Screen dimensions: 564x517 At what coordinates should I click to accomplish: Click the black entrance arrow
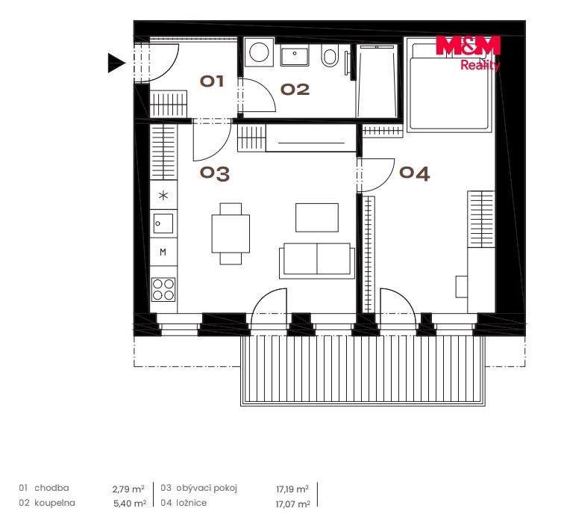tap(116, 63)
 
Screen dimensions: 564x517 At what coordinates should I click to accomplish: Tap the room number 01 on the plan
tap(212, 81)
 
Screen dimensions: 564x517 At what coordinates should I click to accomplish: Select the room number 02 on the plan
tap(295, 90)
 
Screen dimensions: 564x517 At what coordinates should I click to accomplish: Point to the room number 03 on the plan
tap(215, 173)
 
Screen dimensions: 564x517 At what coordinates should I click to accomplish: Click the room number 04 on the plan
tap(414, 173)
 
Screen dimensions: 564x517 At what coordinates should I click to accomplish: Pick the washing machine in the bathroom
tap(259, 52)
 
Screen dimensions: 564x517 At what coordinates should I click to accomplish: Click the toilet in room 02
tap(330, 55)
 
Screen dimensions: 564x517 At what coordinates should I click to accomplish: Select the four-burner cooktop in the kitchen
tap(163, 289)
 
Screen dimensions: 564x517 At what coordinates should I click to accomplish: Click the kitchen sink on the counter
tap(163, 223)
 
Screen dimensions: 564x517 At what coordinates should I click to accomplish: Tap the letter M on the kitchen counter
tap(163, 253)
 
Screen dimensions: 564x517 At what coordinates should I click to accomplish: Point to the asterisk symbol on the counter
tap(163, 196)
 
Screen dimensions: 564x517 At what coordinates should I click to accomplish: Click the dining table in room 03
tap(231, 233)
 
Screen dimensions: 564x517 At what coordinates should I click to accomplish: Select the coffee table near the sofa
tap(317, 217)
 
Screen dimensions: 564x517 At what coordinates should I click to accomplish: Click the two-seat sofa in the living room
tap(317, 261)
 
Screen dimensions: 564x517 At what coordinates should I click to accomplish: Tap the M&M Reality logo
tap(469, 53)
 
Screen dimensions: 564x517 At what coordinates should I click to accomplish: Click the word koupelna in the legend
tap(54, 503)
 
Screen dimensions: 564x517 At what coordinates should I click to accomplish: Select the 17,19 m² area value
tap(292, 489)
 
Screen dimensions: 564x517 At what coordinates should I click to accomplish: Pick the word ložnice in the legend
tap(191, 503)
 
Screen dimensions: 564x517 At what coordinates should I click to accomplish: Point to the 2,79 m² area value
tap(128, 489)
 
